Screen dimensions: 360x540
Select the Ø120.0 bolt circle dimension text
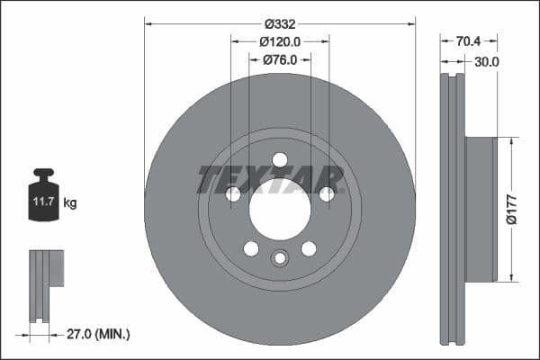click(280, 41)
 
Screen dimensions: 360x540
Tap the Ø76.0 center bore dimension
click(280, 59)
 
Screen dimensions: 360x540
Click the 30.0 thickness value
click(486, 61)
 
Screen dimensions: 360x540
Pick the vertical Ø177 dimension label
click(510, 208)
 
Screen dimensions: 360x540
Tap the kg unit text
click(70, 203)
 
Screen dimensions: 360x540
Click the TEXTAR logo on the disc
click(271, 179)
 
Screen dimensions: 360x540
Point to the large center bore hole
click(280, 215)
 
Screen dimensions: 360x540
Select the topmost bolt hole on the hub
click(280, 160)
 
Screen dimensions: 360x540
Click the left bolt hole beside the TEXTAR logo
click(233, 194)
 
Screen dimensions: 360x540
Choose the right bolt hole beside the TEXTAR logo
click(327, 194)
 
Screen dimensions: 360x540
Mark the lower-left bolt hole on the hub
click(251, 248)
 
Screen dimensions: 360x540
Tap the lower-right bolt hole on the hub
click(309, 248)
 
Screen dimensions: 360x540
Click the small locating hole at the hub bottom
click(280, 259)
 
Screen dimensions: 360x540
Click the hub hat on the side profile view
click(481, 208)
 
